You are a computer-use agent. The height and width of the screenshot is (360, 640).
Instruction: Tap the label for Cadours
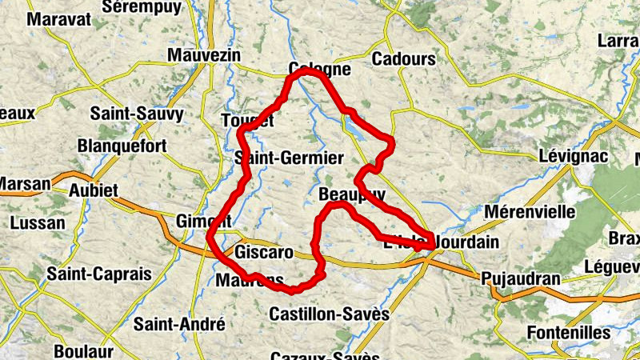pyautogui.click(x=404, y=58)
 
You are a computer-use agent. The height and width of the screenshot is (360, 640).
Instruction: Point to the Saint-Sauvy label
pyautogui.click(x=137, y=114)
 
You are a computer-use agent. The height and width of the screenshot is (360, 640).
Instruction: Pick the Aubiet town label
pyautogui.click(x=94, y=190)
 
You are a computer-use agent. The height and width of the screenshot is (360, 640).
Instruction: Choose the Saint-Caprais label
pyautogui.click(x=99, y=274)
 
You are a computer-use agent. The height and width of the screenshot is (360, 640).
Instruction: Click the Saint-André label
pyautogui.click(x=179, y=324)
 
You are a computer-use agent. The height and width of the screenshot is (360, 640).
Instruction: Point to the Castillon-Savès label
pyautogui.click(x=329, y=314)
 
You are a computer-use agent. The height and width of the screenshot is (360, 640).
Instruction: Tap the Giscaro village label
pyautogui.click(x=263, y=253)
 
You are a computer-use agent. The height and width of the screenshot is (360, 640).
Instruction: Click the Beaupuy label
pyautogui.click(x=351, y=194)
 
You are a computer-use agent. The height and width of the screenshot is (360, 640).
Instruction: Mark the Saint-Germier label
pyautogui.click(x=289, y=158)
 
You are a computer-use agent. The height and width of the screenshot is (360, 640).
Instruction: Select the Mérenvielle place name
pyautogui.click(x=530, y=212)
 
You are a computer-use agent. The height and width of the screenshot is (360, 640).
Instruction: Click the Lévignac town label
pyautogui.click(x=574, y=156)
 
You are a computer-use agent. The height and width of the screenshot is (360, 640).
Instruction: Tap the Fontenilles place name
pyautogui.click(x=569, y=331)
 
